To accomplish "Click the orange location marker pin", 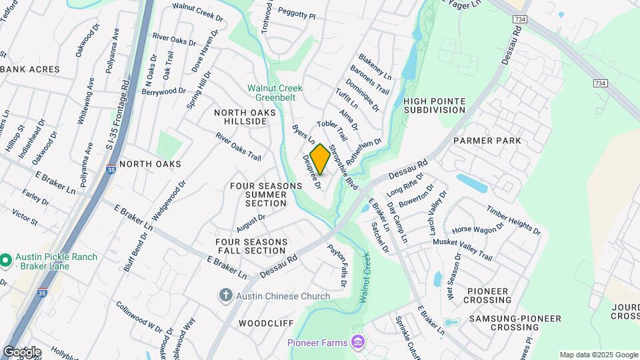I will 320,159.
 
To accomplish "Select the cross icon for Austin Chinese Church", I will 226,295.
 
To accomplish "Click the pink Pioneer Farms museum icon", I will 359,343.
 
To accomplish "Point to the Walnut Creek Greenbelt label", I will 275,92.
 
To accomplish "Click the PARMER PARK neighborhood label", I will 487,141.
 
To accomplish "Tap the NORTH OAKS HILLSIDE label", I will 245,119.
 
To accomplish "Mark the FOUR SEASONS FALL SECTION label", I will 251,246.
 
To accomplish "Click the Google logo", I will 22,351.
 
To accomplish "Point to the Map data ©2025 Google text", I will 598,355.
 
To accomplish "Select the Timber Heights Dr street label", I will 512,219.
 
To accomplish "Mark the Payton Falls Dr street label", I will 337,265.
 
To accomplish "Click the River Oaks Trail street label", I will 238,146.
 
